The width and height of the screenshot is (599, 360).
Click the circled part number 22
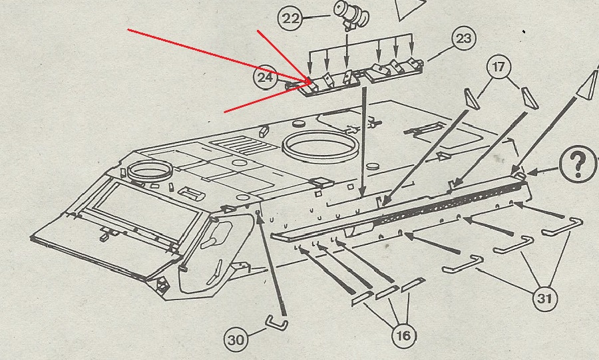(291, 18)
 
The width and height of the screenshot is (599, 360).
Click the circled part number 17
(499, 67)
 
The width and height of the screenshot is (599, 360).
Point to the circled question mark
(578, 164)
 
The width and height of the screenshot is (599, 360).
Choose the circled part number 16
(403, 335)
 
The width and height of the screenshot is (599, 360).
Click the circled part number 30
(236, 341)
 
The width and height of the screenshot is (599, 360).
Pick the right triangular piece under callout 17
(529, 96)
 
